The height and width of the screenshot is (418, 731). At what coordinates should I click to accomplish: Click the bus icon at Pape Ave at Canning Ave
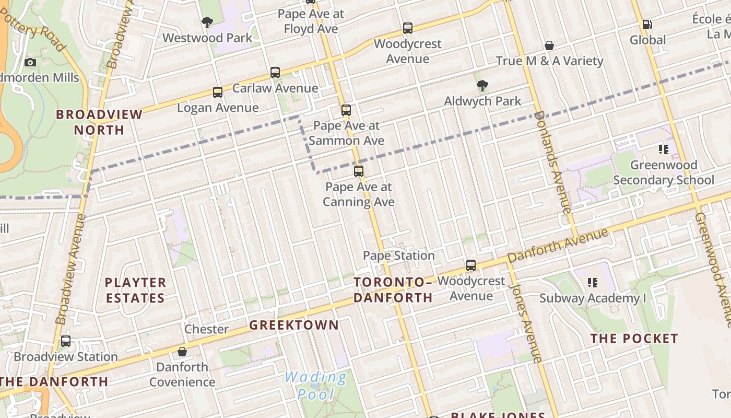(x=358, y=171)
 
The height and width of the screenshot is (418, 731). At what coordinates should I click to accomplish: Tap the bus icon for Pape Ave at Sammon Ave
(x=346, y=110)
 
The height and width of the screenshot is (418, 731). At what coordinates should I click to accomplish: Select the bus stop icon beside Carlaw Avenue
(x=275, y=73)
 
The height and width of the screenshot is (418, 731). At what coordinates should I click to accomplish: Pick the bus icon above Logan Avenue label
(x=218, y=92)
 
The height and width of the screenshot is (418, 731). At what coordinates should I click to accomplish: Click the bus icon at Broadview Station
(x=66, y=341)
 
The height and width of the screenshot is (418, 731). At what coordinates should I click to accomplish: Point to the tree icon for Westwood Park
(x=207, y=22)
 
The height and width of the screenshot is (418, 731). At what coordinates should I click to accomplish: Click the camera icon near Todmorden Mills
(x=30, y=63)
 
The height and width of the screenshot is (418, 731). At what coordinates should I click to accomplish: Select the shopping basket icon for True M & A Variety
(x=549, y=45)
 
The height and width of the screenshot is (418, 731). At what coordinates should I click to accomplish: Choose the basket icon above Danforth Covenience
(x=182, y=352)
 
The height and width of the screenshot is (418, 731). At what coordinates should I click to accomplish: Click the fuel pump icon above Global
(x=647, y=25)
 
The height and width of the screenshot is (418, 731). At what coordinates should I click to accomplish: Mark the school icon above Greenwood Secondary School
(x=664, y=150)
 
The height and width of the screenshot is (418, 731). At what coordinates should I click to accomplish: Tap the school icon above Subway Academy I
(x=593, y=283)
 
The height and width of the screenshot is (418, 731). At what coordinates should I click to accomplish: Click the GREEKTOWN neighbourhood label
(x=294, y=325)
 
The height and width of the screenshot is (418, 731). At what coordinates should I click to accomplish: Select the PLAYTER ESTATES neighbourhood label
(x=135, y=290)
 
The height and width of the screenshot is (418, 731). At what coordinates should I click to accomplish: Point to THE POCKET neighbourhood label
(x=634, y=339)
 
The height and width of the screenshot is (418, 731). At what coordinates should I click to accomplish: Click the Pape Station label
(x=399, y=256)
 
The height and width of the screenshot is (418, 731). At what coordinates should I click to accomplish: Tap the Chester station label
(x=206, y=329)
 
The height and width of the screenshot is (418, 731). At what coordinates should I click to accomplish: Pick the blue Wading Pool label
(x=316, y=385)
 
